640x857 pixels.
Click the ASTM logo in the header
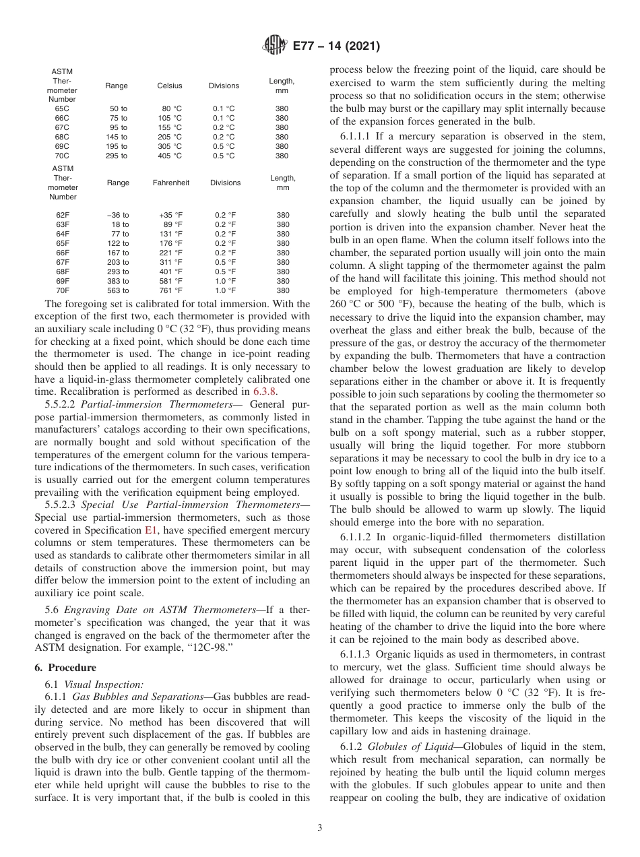tap(274, 46)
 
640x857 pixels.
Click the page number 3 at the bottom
tap(320, 828)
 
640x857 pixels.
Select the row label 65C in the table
tap(62, 108)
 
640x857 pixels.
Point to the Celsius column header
tap(170, 86)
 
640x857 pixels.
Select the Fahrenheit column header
tap(170, 183)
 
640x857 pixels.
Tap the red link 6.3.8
tap(264, 391)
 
